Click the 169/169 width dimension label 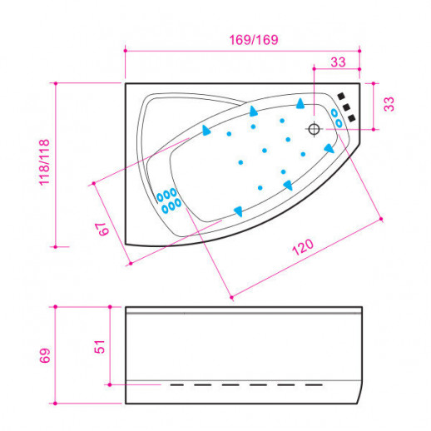pyautogui.click(x=254, y=40)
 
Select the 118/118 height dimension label pyautogui.click(x=44, y=162)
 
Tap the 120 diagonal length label pyautogui.click(x=303, y=246)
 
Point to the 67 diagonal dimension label pyautogui.click(x=104, y=229)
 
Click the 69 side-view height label pyautogui.click(x=45, y=355)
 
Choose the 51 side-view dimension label pyautogui.click(x=100, y=346)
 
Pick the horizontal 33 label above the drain pyautogui.click(x=338, y=62)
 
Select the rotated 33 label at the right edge pyautogui.click(x=389, y=104)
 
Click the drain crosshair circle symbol pyautogui.click(x=314, y=129)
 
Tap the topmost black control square pyautogui.click(x=341, y=97)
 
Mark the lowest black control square pyautogui.click(x=351, y=118)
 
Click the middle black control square pyautogui.click(x=346, y=107)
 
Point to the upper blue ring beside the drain pyautogui.click(x=334, y=113)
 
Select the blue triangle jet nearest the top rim pyautogui.click(x=300, y=103)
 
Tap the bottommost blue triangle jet pyautogui.click(x=239, y=211)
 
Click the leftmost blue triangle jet pyautogui.click(x=206, y=130)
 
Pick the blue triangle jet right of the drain pyautogui.click(x=329, y=148)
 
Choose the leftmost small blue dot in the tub pyautogui.click(x=229, y=134)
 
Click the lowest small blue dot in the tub pyautogui.click(x=260, y=188)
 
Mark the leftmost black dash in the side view pyautogui.click(x=177, y=385)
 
